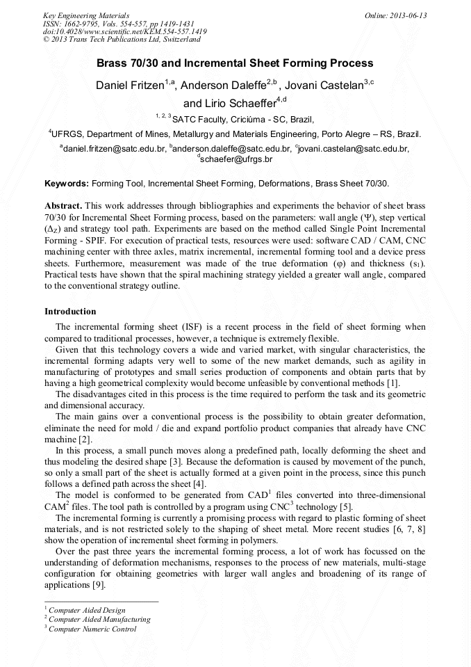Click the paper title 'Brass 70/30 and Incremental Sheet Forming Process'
[235, 63]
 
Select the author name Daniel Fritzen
[130, 86]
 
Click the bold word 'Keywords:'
[67, 184]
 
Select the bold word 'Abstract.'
[63, 207]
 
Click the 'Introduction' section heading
[70, 311]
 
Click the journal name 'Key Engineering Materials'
[86, 15]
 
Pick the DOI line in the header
[125, 31]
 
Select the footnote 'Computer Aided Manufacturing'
[99, 619]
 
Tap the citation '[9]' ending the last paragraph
[101, 585]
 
